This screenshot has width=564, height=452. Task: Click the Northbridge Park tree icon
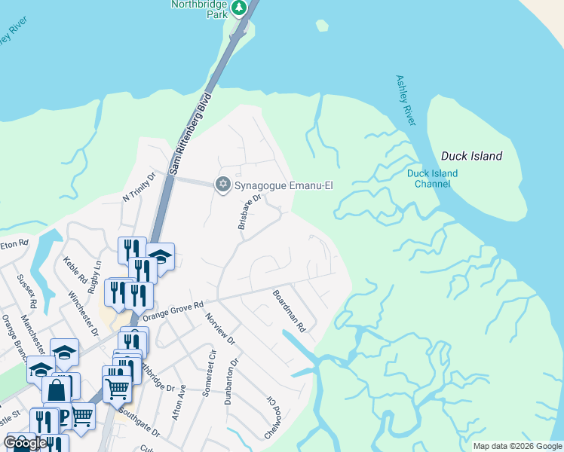[x=239, y=8]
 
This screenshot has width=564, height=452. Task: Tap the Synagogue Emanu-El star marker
[x=222, y=185]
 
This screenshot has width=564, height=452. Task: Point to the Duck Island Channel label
[x=432, y=179]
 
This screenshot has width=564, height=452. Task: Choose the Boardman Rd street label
[x=289, y=312]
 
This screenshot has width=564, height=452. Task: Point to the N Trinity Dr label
[x=138, y=187]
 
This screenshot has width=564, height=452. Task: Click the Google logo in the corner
[x=26, y=443]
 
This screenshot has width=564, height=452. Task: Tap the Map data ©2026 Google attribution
[x=517, y=446]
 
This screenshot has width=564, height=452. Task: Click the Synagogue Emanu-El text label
[x=284, y=185]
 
